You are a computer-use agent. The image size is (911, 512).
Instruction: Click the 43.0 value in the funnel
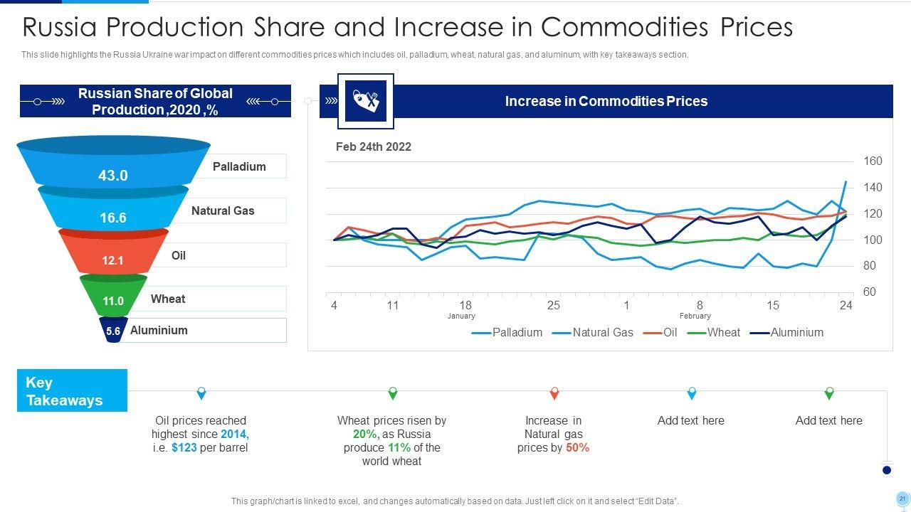(112, 175)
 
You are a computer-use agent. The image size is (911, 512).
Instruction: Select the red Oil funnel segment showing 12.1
(112, 260)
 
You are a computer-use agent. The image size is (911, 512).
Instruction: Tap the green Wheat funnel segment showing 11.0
(112, 301)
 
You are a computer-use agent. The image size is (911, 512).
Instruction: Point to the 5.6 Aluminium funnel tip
(113, 331)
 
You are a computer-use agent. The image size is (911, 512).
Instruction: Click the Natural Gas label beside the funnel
(223, 210)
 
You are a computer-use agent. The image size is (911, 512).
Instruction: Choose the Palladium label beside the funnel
(239, 166)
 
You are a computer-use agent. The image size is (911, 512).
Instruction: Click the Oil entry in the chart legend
(670, 332)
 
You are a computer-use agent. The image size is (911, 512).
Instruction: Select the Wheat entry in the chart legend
(723, 332)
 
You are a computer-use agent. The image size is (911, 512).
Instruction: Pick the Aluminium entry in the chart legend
(796, 332)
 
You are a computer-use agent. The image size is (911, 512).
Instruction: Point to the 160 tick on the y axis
(873, 161)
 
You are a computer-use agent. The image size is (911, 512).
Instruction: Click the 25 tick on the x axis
(553, 306)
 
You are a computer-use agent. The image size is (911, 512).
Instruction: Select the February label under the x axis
(695, 316)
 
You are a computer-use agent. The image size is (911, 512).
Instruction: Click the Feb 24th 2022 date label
(374, 146)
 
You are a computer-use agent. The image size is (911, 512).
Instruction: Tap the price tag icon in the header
(365, 101)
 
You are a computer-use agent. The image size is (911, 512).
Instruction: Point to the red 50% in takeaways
(577, 447)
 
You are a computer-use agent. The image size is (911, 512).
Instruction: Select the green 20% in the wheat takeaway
(364, 434)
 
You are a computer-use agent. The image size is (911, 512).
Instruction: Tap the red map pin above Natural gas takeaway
(554, 393)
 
